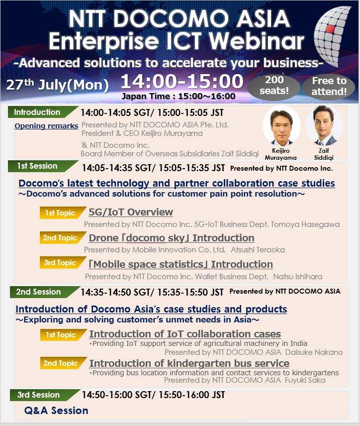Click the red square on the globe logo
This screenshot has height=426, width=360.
point(330,29)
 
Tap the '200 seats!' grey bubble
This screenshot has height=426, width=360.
point(274,86)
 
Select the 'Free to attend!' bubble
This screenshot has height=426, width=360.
point(329,86)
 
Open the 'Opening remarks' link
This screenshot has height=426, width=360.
point(46,126)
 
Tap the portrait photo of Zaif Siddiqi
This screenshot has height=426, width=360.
point(324,125)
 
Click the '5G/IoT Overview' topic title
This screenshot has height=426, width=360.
point(131,212)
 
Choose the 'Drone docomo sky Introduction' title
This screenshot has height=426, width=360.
point(172,238)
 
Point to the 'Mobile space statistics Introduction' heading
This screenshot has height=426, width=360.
point(180,264)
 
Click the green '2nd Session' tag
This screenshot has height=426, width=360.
point(44,292)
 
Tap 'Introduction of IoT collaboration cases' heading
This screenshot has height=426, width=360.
point(185,334)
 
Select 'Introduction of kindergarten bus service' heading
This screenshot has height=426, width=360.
point(189,363)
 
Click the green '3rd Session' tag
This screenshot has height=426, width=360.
point(44,395)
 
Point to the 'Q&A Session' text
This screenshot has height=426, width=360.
point(56,411)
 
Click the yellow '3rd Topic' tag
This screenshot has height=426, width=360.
point(63,263)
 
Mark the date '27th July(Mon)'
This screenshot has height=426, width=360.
point(57,85)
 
